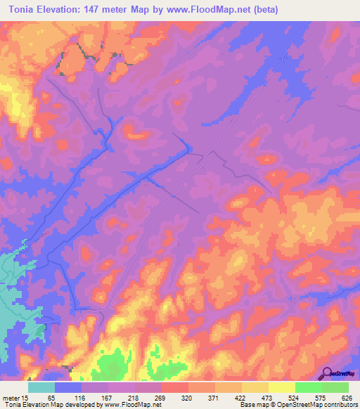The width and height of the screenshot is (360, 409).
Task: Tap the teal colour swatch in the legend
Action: pos(41,387)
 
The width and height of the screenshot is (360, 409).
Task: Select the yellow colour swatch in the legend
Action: pos(281,387)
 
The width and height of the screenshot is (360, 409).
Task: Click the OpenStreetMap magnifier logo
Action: pos(326,373)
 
